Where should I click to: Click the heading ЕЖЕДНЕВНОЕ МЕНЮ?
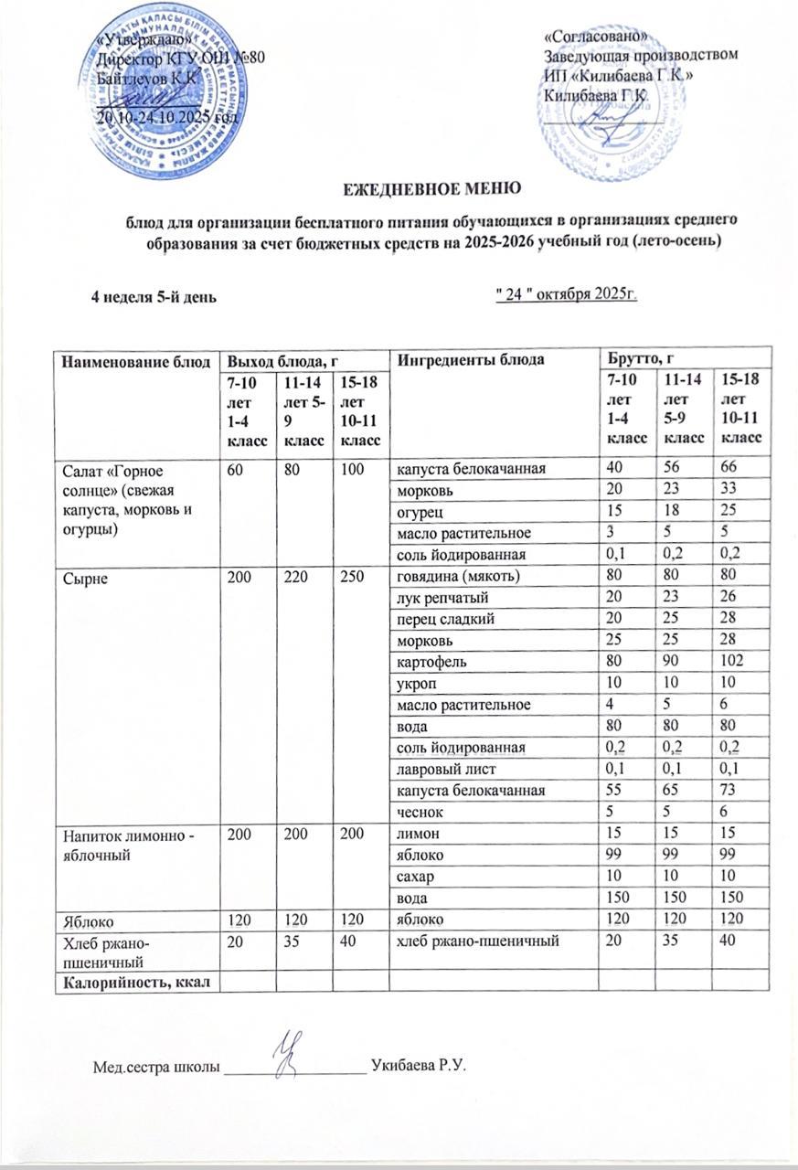[x=432, y=189]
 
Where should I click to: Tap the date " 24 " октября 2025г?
[x=564, y=293]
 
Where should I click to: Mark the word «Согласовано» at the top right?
[x=595, y=37]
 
